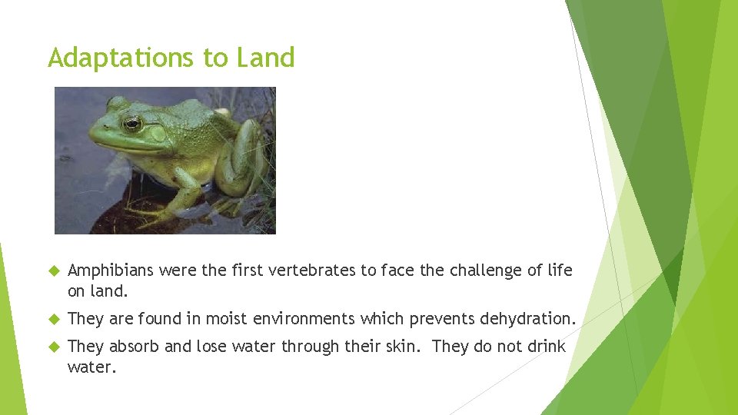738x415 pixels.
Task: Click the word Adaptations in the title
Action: pyautogui.click(x=120, y=58)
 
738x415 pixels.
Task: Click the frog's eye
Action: pyautogui.click(x=132, y=123)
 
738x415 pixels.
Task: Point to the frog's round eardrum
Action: pyautogui.click(x=159, y=133)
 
